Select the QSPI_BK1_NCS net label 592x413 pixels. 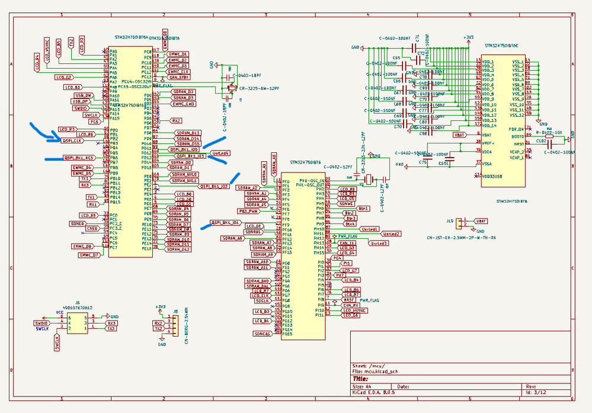point(79,158)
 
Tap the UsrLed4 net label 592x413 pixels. point(220,153)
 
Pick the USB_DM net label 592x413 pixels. point(83,95)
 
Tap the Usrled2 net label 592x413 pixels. point(392,234)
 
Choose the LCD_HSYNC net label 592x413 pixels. point(354,310)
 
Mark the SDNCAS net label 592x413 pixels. point(261,334)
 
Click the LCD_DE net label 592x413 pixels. point(254,226)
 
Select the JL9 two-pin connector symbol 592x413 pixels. point(460,223)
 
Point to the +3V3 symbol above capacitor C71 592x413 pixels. point(469,37)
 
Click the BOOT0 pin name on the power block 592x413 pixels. point(517,136)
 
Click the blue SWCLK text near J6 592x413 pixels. point(42,328)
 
